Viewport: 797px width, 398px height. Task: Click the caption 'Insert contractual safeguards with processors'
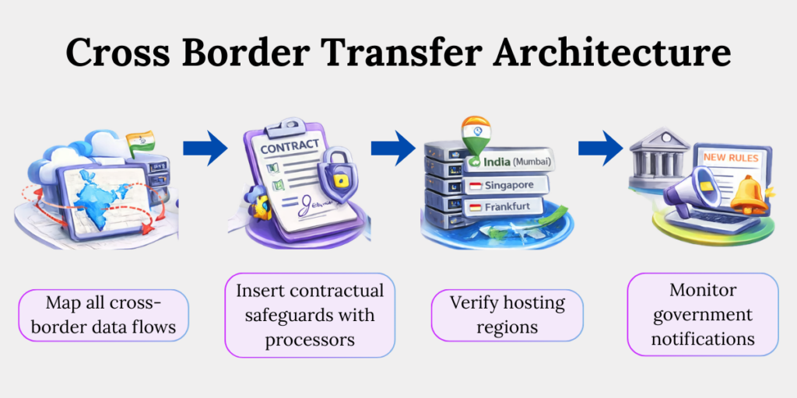311,315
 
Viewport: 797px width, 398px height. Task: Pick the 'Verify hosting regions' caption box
507,315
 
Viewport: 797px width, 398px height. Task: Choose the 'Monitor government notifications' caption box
703,315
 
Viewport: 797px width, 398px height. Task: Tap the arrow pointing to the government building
601,148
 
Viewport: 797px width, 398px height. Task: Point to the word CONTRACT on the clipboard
289,147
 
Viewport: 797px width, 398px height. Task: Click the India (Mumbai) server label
511,162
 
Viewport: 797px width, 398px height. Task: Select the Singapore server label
507,185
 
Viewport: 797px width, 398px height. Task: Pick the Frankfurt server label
505,208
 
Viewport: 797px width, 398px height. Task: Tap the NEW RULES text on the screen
730,157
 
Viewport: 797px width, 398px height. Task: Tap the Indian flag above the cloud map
139,144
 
